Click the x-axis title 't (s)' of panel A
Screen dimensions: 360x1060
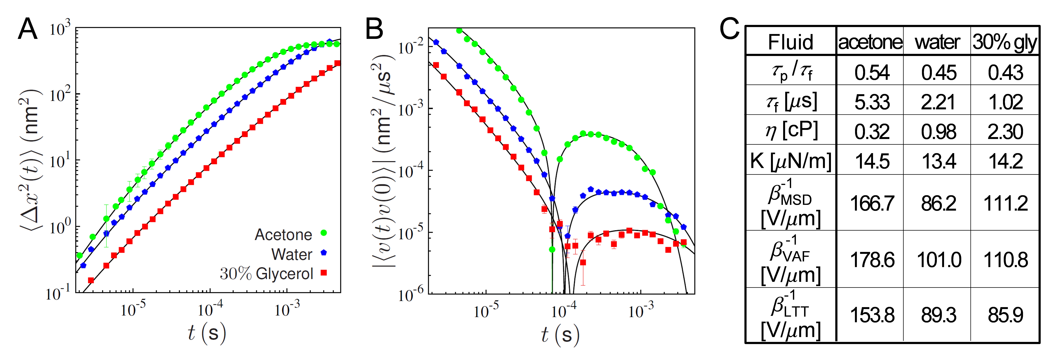[x=207, y=333]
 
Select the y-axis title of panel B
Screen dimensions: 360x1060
[x=383, y=160]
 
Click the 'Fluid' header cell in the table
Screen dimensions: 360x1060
[x=790, y=42]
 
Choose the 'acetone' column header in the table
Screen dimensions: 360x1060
[x=870, y=42]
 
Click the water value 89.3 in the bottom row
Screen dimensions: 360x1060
[x=938, y=315]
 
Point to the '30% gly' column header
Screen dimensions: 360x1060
[x=1004, y=42]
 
